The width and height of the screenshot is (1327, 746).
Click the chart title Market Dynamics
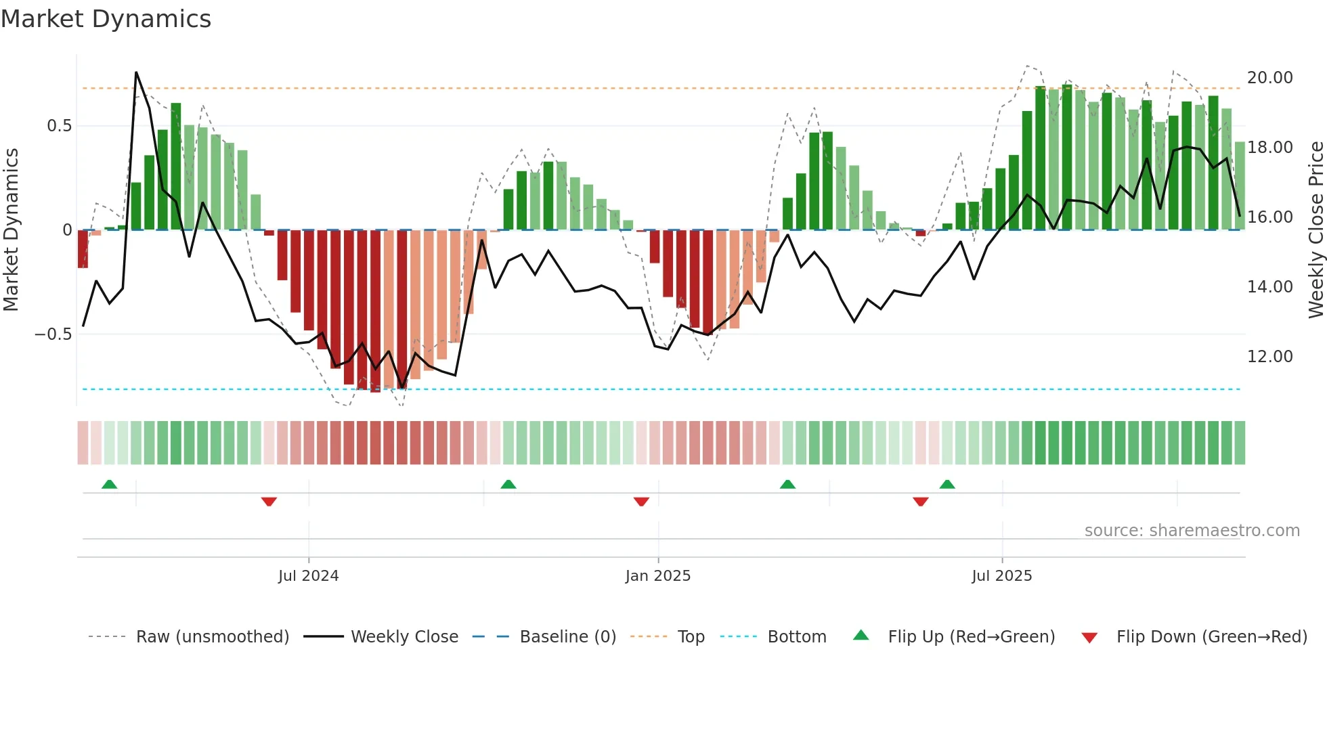106,19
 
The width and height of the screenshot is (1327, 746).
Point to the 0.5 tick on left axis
59,126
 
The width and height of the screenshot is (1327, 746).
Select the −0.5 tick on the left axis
53,334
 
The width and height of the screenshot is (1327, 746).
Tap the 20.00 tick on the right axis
1269,78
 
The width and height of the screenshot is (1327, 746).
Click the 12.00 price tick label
1269,357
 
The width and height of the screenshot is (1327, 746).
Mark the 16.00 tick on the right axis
1269,217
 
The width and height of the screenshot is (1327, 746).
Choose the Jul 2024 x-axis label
308,576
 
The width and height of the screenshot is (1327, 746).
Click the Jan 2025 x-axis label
657,576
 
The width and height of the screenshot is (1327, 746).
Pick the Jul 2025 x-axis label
1001,576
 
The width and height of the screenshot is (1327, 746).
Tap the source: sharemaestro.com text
1192,531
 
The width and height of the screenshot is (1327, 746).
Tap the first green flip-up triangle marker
109,484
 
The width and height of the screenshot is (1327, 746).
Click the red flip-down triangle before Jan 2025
641,502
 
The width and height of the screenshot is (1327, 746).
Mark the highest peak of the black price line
136,72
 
